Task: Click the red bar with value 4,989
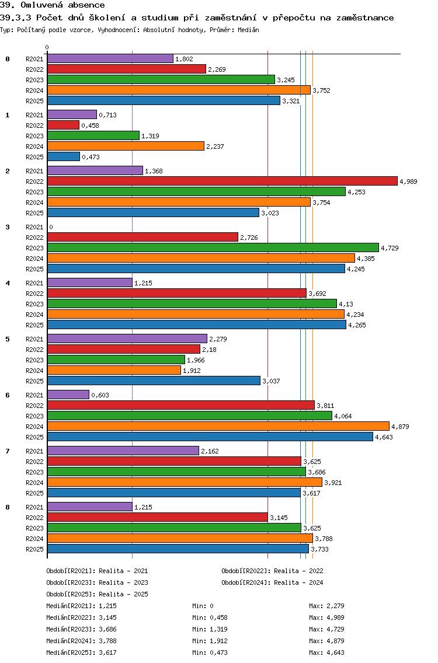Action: pos(222,181)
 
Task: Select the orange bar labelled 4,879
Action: pos(218,426)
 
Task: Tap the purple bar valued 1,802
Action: pos(110,58)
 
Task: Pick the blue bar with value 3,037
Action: pos(154,381)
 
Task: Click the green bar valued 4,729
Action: pos(213,247)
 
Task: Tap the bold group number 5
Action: pos(7,339)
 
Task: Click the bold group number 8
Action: pos(7,507)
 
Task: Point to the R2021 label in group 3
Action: pos(34,227)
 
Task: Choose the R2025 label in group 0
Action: pos(34,101)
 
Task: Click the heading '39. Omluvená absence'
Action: pos(53,5)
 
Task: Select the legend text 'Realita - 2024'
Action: pos(298,582)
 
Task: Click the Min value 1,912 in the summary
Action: pos(211,641)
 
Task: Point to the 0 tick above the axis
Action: pos(47,47)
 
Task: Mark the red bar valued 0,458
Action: pos(63,125)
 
